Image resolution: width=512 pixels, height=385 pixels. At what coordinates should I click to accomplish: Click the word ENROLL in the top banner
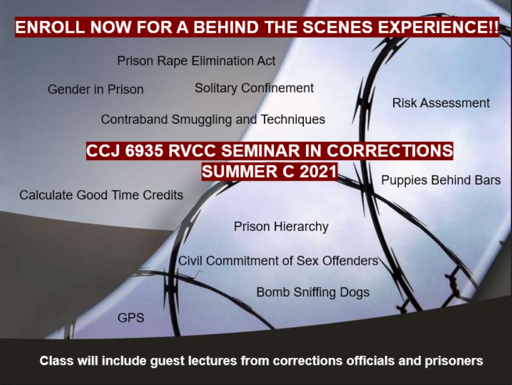coord(50,27)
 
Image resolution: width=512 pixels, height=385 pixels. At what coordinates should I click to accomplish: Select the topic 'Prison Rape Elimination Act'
coord(196,61)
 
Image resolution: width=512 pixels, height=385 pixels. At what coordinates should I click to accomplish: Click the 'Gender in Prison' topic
coord(96,89)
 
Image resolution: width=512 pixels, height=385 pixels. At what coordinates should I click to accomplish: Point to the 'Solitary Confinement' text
coord(254,88)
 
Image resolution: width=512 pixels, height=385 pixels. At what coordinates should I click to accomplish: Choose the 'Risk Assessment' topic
coord(441,103)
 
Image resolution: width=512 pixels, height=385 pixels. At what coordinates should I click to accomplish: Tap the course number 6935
coord(144,151)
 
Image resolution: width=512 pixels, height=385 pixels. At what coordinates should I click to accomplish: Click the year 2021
coord(318,172)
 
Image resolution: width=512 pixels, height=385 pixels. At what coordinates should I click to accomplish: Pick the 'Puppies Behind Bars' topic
coord(441,180)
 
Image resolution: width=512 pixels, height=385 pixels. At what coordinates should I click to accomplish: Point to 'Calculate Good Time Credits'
coord(101,195)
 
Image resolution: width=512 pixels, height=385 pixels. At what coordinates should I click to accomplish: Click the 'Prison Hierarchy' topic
coord(281,227)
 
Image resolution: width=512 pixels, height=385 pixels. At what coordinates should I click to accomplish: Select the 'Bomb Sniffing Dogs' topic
coord(313,293)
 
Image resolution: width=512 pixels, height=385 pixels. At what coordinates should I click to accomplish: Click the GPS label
coord(131,318)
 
